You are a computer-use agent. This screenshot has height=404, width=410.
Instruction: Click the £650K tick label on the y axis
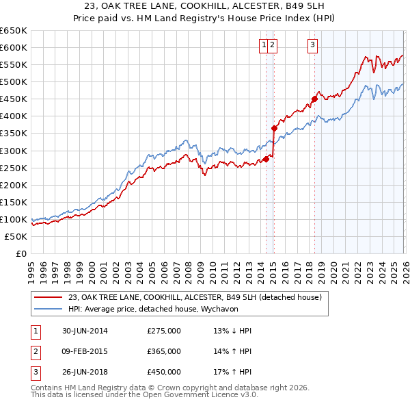[x=14, y=31]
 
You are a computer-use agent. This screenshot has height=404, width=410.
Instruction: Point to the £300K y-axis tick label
[x=14, y=151]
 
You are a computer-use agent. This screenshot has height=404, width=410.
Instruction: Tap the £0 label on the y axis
[x=20, y=253]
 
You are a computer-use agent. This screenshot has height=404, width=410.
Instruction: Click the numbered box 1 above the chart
[x=263, y=45]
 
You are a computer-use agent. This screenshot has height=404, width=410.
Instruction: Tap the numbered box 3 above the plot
[x=312, y=45]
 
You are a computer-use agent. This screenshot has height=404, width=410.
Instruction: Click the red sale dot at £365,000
[x=274, y=128]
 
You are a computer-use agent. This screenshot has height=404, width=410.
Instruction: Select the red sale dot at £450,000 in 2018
[x=314, y=99]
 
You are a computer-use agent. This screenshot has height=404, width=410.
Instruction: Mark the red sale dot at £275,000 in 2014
[x=266, y=159]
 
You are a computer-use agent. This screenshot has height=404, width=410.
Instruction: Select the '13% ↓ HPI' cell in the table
[x=232, y=331]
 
